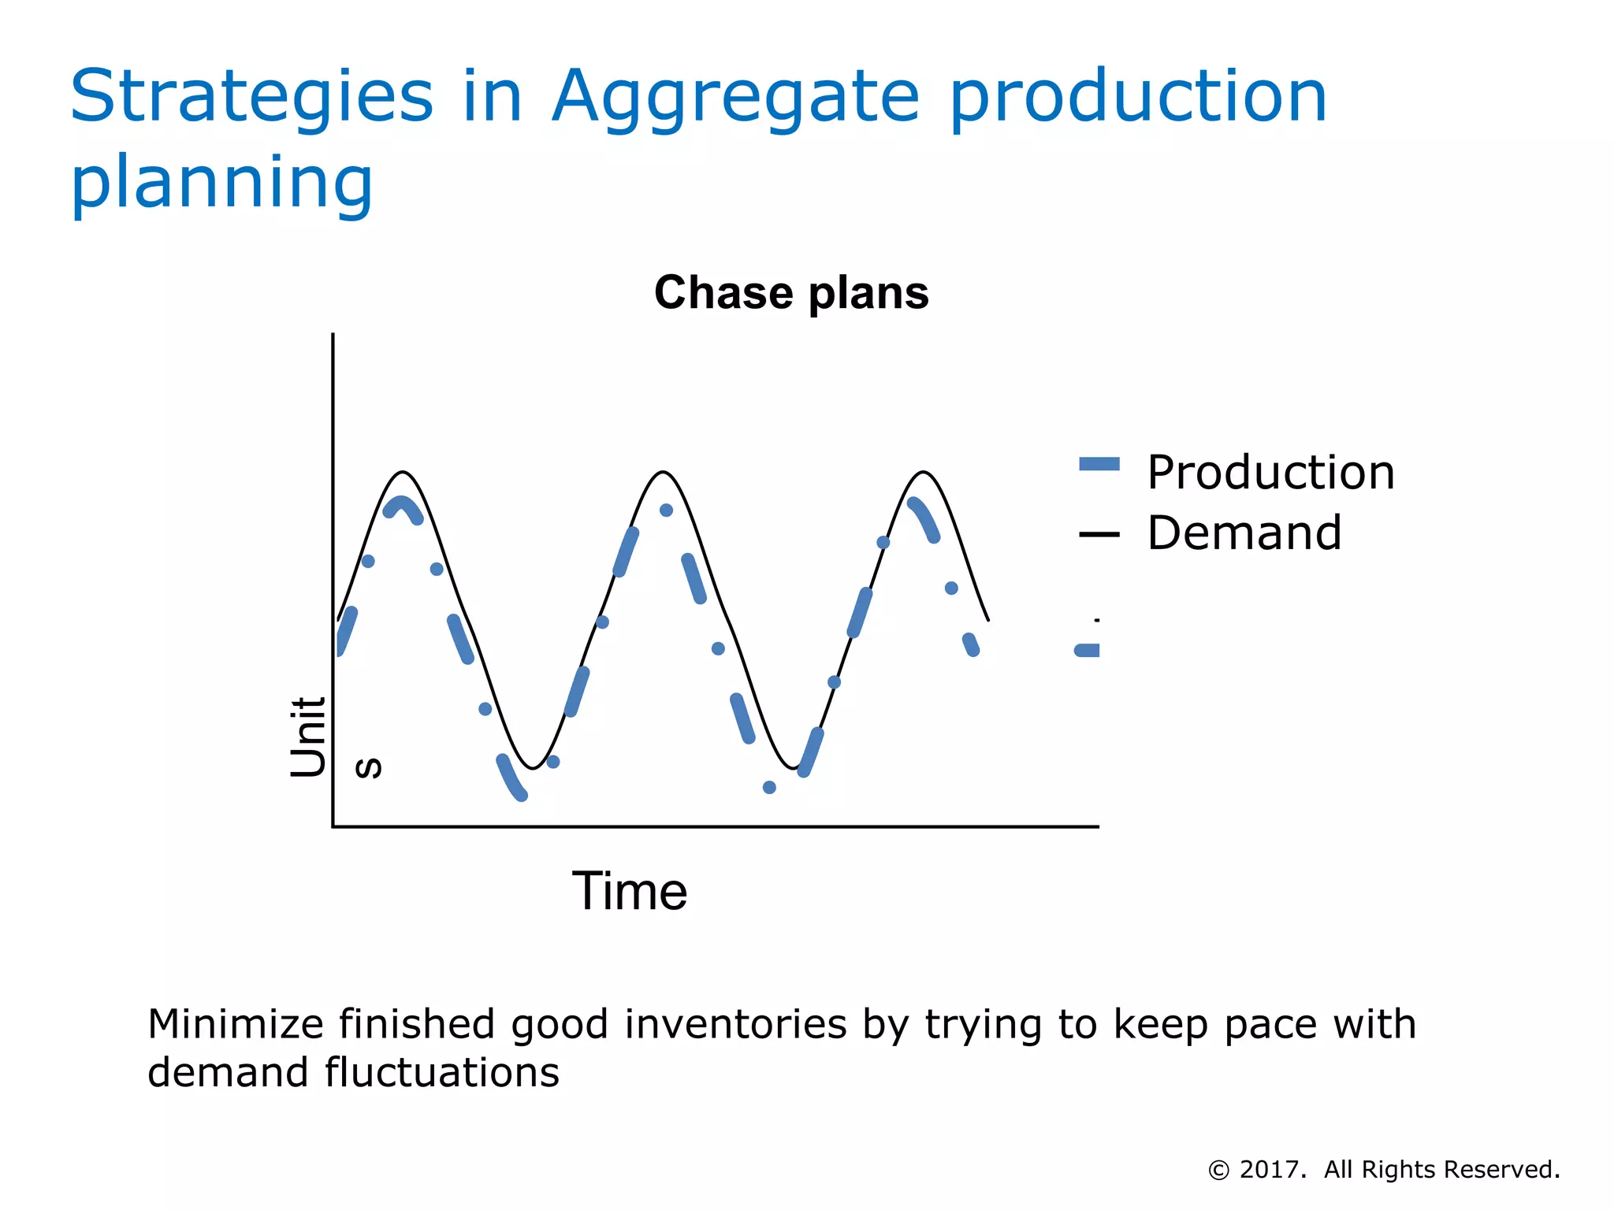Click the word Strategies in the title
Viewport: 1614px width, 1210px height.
pos(251,98)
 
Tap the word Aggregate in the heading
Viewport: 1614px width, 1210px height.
pos(735,98)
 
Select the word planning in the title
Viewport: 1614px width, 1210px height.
pos(221,183)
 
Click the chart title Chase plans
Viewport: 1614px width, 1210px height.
pos(791,293)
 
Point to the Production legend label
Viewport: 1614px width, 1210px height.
pos(1270,473)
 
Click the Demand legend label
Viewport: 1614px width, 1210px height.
pos(1244,533)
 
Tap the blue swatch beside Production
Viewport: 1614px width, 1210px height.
pos(1099,464)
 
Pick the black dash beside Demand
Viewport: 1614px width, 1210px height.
pos(1099,535)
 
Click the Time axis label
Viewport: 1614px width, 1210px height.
pos(630,892)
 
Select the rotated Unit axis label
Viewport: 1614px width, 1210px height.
pos(308,737)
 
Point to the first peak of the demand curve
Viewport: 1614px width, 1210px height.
pos(403,473)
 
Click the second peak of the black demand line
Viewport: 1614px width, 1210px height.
pos(664,473)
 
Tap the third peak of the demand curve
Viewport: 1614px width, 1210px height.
pos(924,473)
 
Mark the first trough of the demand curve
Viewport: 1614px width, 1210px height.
pos(534,768)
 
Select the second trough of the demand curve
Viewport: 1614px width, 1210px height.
pos(794,768)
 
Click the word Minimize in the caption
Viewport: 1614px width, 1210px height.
pos(236,1024)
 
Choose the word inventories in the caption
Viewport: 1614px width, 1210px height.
pos(736,1024)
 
